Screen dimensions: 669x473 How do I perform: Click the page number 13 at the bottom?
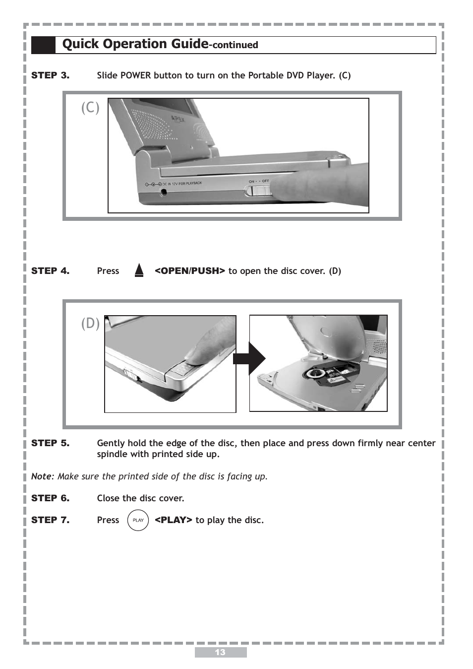220,652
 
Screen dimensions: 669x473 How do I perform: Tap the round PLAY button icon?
138,520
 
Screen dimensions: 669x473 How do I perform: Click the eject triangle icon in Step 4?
139,270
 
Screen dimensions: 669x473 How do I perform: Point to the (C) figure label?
90,107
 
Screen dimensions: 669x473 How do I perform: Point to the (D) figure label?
90,324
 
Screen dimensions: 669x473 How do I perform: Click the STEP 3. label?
50,75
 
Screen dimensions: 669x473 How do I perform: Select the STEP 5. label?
50,443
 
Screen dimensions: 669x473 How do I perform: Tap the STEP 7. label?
50,520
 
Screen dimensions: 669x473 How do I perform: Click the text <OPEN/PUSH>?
189,271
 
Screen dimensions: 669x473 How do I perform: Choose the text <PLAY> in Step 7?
173,520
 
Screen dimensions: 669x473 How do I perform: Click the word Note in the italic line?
41,476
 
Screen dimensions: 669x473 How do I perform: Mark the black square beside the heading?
44,45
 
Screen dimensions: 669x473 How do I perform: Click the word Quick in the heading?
80,44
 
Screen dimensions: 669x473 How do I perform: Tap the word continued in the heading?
235,45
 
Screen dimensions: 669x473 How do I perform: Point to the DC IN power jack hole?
163,191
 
